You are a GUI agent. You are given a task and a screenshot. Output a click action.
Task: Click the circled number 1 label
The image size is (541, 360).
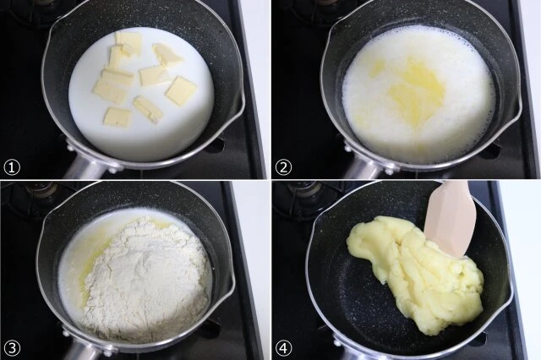[12, 167]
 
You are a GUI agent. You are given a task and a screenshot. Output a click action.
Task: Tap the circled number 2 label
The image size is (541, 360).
[283, 167]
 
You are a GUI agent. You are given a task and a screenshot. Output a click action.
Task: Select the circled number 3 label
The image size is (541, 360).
[12, 348]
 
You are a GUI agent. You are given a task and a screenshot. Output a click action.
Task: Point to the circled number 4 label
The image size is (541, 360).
[283, 348]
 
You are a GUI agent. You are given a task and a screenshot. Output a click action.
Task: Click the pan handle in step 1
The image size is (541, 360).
[83, 169]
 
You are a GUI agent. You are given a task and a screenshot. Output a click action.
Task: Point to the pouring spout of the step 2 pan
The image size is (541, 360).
[516, 103]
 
